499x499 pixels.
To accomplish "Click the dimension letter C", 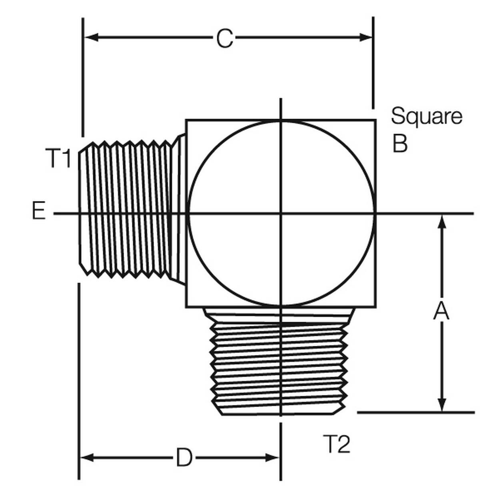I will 225,39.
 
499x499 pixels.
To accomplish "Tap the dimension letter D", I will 184,458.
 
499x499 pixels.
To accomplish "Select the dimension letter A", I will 441,311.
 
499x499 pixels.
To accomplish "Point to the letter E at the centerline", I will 38,211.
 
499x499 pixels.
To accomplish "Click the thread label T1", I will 59,158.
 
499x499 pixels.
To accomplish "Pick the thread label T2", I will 337,444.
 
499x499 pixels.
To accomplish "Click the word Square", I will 426,116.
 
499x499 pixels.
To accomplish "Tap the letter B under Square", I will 400,143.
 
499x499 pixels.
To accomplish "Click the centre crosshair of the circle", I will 281,214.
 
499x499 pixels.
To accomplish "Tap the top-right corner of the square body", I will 375,120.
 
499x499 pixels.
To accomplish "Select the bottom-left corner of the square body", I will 186,307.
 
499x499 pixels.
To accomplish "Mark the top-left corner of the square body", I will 186,120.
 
